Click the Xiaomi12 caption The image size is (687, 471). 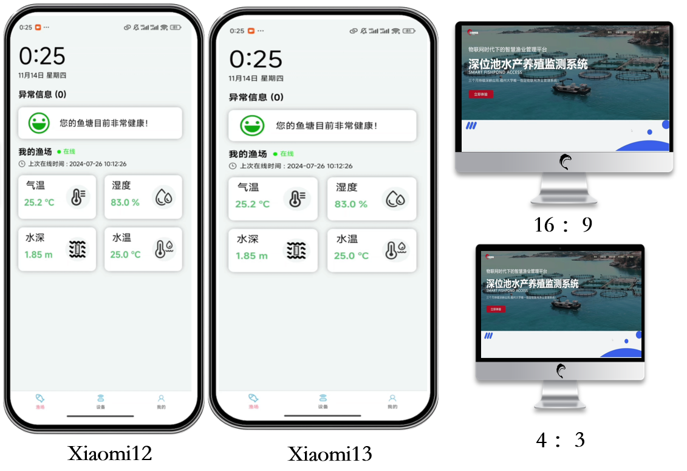pyautogui.click(x=110, y=453)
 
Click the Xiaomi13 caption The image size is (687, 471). pyautogui.click(x=330, y=454)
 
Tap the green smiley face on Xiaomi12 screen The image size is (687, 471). pyautogui.click(x=39, y=123)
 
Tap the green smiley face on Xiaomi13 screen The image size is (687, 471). pyautogui.click(x=252, y=125)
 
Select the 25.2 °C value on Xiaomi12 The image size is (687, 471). pyautogui.click(x=39, y=202)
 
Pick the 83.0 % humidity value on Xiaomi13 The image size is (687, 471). pyautogui.click(x=351, y=204)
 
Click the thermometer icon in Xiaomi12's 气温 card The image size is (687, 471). pyautogui.click(x=78, y=196)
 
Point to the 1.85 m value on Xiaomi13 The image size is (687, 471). pyautogui.click(x=251, y=256)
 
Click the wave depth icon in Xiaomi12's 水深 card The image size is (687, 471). pyautogui.click(x=77, y=249)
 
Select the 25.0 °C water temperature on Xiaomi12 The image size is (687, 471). pyautogui.click(x=125, y=255)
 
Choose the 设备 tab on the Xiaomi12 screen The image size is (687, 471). pyautogui.click(x=101, y=402)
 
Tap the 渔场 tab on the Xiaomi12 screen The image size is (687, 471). pyautogui.click(x=40, y=402)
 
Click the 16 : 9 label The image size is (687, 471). pyautogui.click(x=563, y=225)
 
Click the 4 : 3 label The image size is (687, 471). pyautogui.click(x=560, y=439)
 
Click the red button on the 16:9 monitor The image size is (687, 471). pyautogui.click(x=480, y=94)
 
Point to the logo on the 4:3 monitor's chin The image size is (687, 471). pyautogui.click(x=559, y=370)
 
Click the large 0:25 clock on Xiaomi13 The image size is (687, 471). pyautogui.click(x=256, y=60)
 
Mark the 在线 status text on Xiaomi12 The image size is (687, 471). pyautogui.click(x=68, y=151)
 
